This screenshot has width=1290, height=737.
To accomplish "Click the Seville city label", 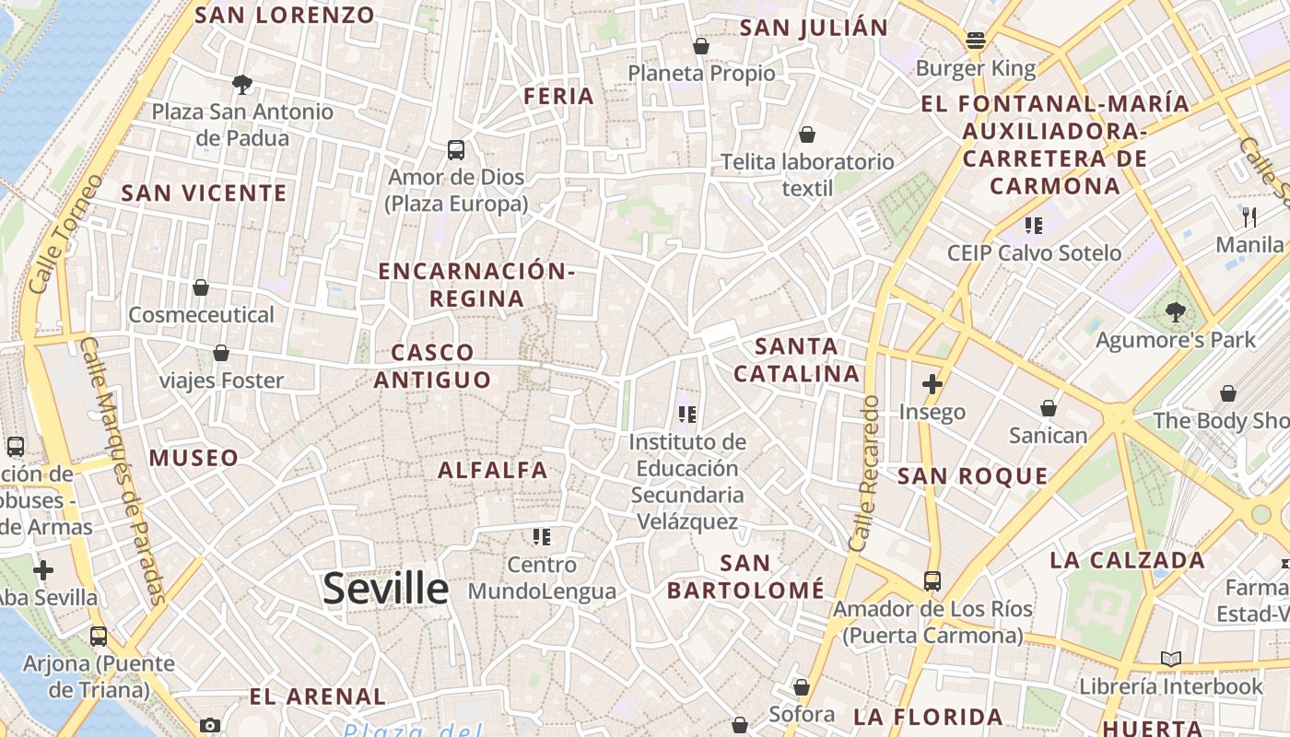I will (385, 589).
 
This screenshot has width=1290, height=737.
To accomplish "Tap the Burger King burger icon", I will (976, 41).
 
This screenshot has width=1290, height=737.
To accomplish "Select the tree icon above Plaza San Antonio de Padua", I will (242, 85).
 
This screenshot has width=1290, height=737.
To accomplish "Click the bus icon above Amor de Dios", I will (455, 149).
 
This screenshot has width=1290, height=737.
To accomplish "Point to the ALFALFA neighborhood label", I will (493, 470).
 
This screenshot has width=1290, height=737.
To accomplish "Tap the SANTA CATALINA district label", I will (797, 360).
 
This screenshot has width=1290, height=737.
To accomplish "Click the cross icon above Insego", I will (932, 383).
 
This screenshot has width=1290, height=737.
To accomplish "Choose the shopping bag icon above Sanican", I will (1048, 407).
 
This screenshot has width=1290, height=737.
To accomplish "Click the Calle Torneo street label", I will (64, 234).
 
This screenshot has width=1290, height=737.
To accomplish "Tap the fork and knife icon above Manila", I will (1249, 216).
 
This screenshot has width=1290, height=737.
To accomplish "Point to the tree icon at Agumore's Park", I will (1175, 312).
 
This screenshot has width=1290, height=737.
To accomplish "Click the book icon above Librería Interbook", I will (1170, 659).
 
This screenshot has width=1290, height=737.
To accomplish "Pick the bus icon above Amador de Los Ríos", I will (932, 581).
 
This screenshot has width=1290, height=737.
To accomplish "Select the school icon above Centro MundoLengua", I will (541, 536).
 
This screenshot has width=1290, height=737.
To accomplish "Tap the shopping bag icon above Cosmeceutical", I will (201, 287).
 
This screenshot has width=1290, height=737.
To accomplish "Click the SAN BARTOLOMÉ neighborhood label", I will (745, 576).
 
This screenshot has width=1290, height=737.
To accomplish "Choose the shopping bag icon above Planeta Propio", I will (701, 45).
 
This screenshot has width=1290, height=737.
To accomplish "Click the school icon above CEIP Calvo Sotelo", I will (1034, 225).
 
